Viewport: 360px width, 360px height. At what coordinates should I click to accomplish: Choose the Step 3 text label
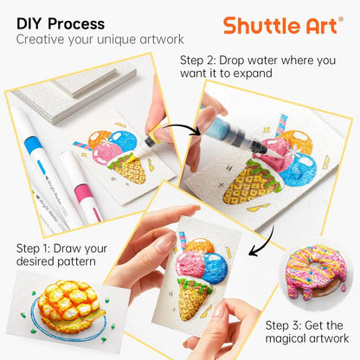[305, 332]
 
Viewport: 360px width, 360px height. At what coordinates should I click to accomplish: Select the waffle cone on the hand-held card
[196, 297]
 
